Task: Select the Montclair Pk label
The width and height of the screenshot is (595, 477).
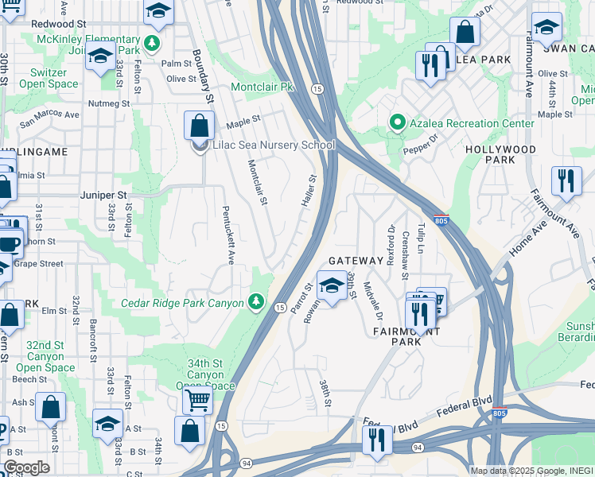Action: coord(262,87)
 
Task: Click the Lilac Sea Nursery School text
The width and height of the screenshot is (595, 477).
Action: coord(274,145)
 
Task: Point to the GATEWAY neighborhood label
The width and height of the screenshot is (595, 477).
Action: coord(356,261)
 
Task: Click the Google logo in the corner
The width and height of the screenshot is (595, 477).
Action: coord(26,467)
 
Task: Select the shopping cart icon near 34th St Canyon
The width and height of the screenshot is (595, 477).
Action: coord(197,400)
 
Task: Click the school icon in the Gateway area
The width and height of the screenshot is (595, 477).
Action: coord(331,284)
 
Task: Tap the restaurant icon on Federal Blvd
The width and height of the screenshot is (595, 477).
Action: coord(376,439)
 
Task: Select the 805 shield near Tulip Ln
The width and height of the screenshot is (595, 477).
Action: coord(441,221)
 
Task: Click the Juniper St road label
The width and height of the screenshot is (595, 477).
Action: coord(103,194)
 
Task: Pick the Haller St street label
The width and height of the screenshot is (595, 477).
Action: coord(309,192)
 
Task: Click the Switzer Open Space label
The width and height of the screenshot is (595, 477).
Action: coord(43,78)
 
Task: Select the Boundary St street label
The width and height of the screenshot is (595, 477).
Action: coord(204,78)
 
